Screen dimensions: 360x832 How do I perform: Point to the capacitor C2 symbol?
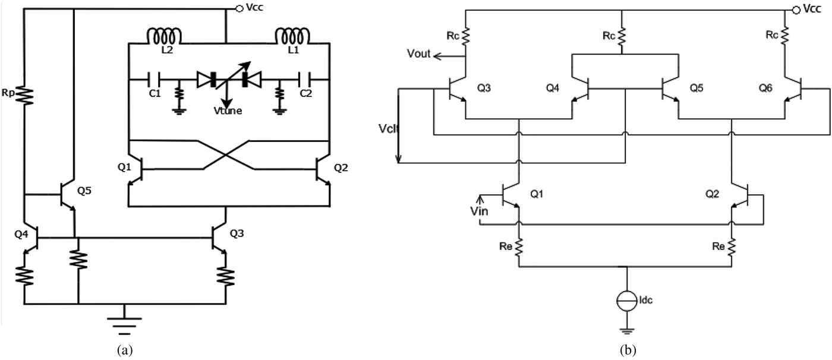pyautogui.click(x=302, y=78)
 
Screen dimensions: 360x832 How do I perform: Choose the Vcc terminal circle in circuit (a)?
pyautogui.click(x=239, y=8)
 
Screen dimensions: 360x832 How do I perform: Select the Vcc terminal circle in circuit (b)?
pyautogui.click(x=796, y=9)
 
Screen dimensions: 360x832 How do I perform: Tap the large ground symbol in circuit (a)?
pyautogui.click(x=124, y=321)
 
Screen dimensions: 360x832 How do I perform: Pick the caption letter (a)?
pyautogui.click(x=125, y=351)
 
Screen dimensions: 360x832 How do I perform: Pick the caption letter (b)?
pyautogui.click(x=627, y=351)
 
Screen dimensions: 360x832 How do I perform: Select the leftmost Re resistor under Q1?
pyautogui.click(x=520, y=245)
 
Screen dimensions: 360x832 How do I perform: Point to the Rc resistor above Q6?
pyautogui.click(x=785, y=36)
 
